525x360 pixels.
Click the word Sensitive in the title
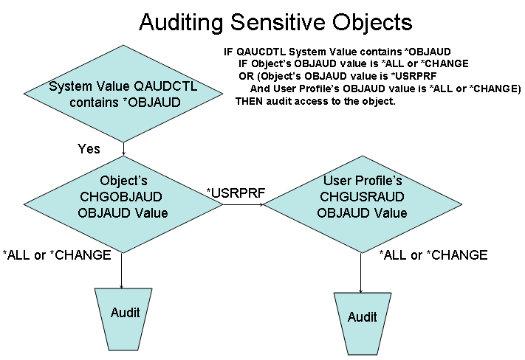tap(278, 22)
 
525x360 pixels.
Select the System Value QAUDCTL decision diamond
tap(123, 94)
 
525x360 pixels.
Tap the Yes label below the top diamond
tap(89, 148)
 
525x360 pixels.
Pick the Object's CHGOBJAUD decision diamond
tap(123, 204)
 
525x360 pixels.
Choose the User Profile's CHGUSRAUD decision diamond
tap(363, 204)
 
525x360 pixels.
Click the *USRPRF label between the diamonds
tap(236, 193)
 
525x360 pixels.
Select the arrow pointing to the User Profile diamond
tap(244, 204)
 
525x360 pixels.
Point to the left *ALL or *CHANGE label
tap(57, 255)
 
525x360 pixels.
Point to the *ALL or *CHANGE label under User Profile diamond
tap(433, 255)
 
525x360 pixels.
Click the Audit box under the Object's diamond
tap(123, 319)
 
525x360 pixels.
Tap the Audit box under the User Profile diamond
tap(363, 324)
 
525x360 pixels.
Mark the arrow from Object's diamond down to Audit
tap(122, 271)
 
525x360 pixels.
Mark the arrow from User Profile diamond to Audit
tap(361, 273)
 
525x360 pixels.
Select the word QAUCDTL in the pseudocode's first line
tap(261, 52)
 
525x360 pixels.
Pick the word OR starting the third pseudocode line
tap(246, 76)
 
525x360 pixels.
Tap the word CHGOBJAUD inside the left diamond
tap(121, 197)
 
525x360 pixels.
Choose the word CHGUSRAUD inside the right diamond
tap(362, 197)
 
